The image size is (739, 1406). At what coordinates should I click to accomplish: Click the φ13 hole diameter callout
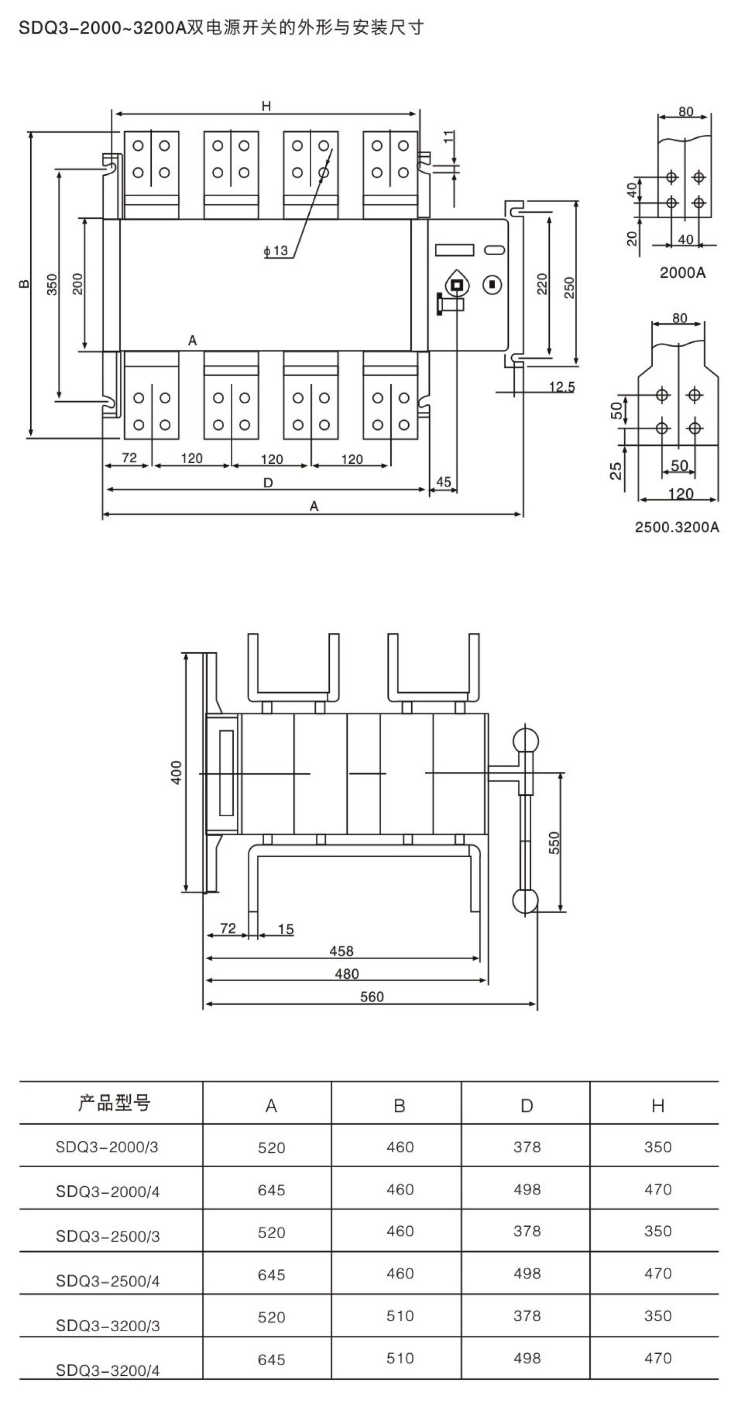(x=276, y=251)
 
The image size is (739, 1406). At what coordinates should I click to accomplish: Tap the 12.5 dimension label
(x=562, y=387)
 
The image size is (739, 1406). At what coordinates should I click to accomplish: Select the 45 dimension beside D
(x=444, y=482)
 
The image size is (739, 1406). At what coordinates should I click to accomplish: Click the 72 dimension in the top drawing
(x=129, y=458)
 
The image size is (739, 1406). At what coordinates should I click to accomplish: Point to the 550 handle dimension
(x=554, y=842)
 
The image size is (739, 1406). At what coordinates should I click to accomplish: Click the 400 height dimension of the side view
(x=176, y=772)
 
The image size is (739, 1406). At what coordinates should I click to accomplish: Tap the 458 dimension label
(x=342, y=951)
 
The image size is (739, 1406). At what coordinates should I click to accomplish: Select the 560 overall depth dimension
(x=371, y=997)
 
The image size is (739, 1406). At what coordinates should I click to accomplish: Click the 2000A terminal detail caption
(x=682, y=273)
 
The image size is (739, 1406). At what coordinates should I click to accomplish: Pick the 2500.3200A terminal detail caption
(x=677, y=527)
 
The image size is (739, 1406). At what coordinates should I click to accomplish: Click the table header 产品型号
(x=114, y=1103)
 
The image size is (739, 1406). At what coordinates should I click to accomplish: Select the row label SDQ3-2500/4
(x=108, y=1280)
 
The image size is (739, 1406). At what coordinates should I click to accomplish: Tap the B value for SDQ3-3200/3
(x=400, y=1315)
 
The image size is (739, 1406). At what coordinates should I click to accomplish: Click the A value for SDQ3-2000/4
(x=271, y=1189)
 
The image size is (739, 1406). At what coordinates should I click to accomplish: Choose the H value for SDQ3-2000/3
(x=657, y=1147)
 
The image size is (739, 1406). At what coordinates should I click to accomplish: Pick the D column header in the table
(x=527, y=1105)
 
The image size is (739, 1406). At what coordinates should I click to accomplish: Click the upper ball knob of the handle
(x=526, y=741)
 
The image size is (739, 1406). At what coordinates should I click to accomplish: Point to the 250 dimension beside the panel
(x=569, y=287)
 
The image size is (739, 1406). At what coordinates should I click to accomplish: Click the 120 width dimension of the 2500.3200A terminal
(x=681, y=494)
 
